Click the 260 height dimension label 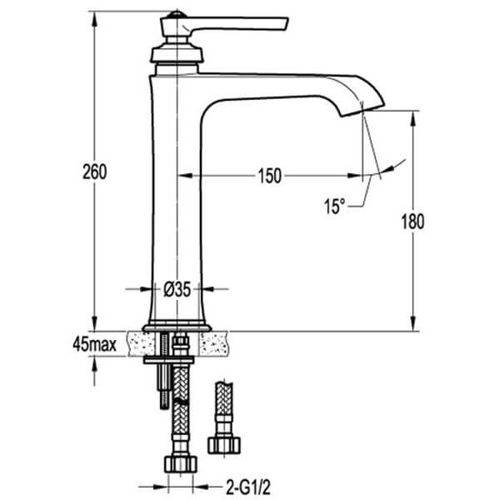pyautogui.click(x=95, y=172)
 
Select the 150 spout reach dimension pyautogui.click(x=269, y=175)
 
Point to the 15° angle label pyautogui.click(x=333, y=205)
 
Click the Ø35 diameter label pyautogui.click(x=177, y=289)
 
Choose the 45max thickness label pyautogui.click(x=94, y=342)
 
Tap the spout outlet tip pyautogui.click(x=373, y=107)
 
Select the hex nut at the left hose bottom pyautogui.click(x=180, y=463)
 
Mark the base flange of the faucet pyautogui.click(x=177, y=326)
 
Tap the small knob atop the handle pyautogui.click(x=176, y=14)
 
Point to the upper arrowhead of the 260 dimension pyautogui.click(x=94, y=16)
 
